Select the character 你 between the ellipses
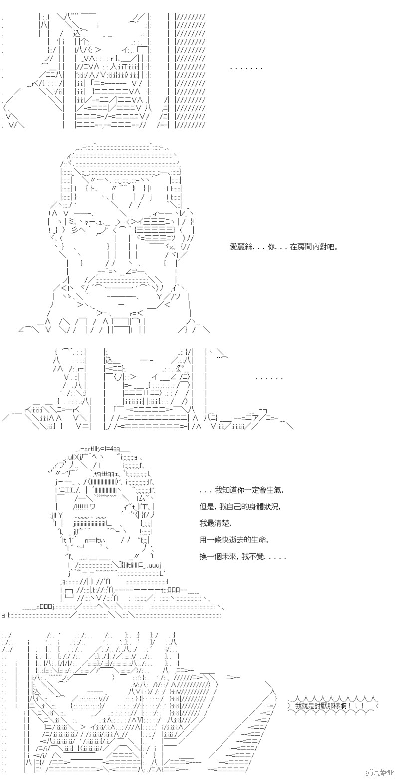(272, 247)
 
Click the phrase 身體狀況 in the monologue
(264, 507)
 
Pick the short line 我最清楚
(214, 523)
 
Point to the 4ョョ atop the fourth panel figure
(114, 450)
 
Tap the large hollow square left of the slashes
(69, 591)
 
